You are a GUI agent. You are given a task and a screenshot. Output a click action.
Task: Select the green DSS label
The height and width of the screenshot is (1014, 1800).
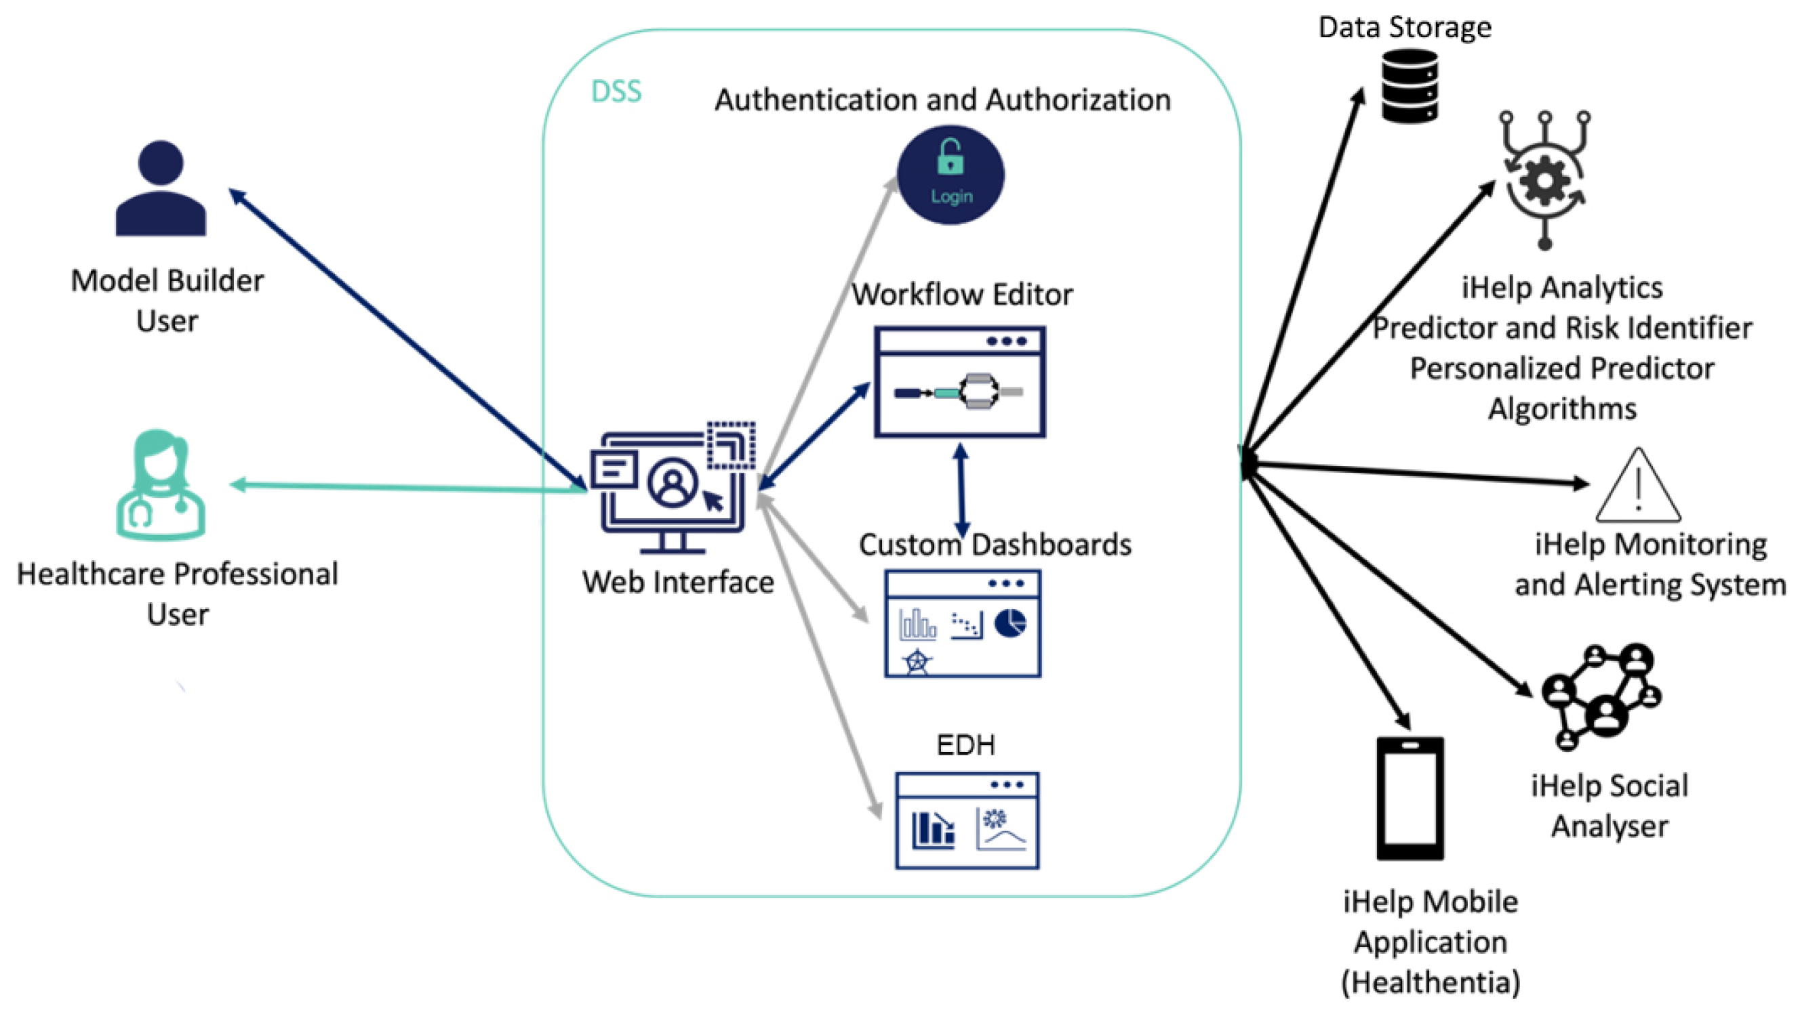616,91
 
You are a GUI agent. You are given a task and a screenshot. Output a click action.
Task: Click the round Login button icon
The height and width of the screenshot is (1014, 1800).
951,175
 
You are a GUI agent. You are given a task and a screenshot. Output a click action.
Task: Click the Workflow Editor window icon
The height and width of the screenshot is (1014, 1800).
960,382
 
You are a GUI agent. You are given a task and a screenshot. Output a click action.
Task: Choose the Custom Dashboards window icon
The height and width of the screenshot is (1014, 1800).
963,624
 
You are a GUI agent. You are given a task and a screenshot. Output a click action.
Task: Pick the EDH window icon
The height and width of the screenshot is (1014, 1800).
967,821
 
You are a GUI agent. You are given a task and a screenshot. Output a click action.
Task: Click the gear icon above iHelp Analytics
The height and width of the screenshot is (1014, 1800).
1545,179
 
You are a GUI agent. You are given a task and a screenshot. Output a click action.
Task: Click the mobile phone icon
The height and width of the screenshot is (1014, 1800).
1410,798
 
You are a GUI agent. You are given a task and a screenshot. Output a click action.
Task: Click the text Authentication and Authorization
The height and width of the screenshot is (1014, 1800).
942,100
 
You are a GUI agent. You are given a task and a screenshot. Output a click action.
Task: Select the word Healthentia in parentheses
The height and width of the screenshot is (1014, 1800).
1431,983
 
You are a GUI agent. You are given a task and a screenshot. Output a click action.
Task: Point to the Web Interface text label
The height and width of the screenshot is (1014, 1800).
678,583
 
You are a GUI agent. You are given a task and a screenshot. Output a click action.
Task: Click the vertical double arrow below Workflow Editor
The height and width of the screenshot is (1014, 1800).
961,490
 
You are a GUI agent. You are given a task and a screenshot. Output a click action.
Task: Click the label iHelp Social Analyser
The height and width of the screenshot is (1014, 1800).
1609,806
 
